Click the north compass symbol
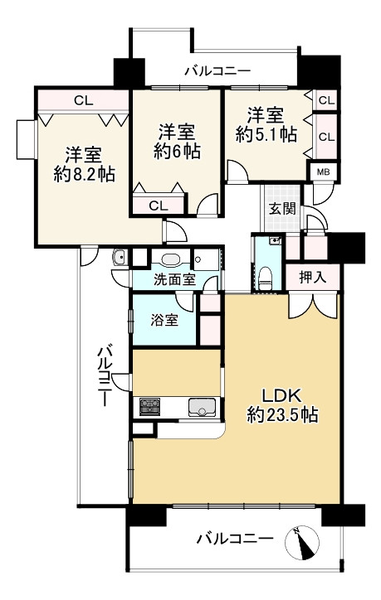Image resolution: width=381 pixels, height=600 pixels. pos(304,544)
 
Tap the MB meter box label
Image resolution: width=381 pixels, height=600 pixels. pos(321,172)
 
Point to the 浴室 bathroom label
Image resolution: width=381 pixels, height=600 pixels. pos(164,320)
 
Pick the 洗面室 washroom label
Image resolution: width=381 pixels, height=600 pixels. pos(174,279)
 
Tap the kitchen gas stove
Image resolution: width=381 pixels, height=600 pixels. pos(150,408)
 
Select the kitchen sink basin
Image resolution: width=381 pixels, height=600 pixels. pos(202,407)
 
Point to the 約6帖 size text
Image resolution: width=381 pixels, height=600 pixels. pos(176,151)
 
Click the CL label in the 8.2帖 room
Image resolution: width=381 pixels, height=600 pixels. pos(81,100)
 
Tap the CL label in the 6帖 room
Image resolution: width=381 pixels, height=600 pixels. pos(159,206)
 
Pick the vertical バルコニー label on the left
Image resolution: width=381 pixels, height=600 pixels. pos(105,375)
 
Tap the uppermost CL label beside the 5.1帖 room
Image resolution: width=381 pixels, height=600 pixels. pos(325,100)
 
